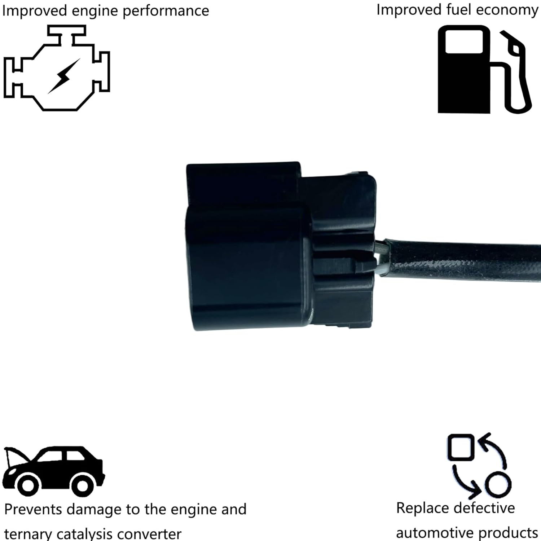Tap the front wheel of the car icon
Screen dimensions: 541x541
(28, 485)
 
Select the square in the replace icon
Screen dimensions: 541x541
(461, 447)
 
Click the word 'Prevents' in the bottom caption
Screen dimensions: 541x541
(33, 510)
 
